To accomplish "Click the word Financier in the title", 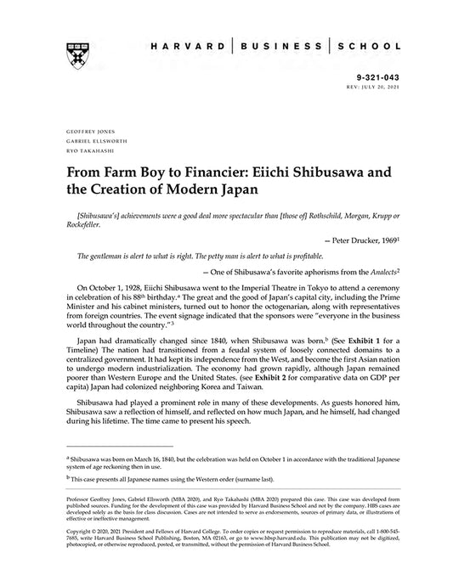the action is tap(207, 172).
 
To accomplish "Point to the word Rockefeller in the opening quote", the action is tap(83, 225).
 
